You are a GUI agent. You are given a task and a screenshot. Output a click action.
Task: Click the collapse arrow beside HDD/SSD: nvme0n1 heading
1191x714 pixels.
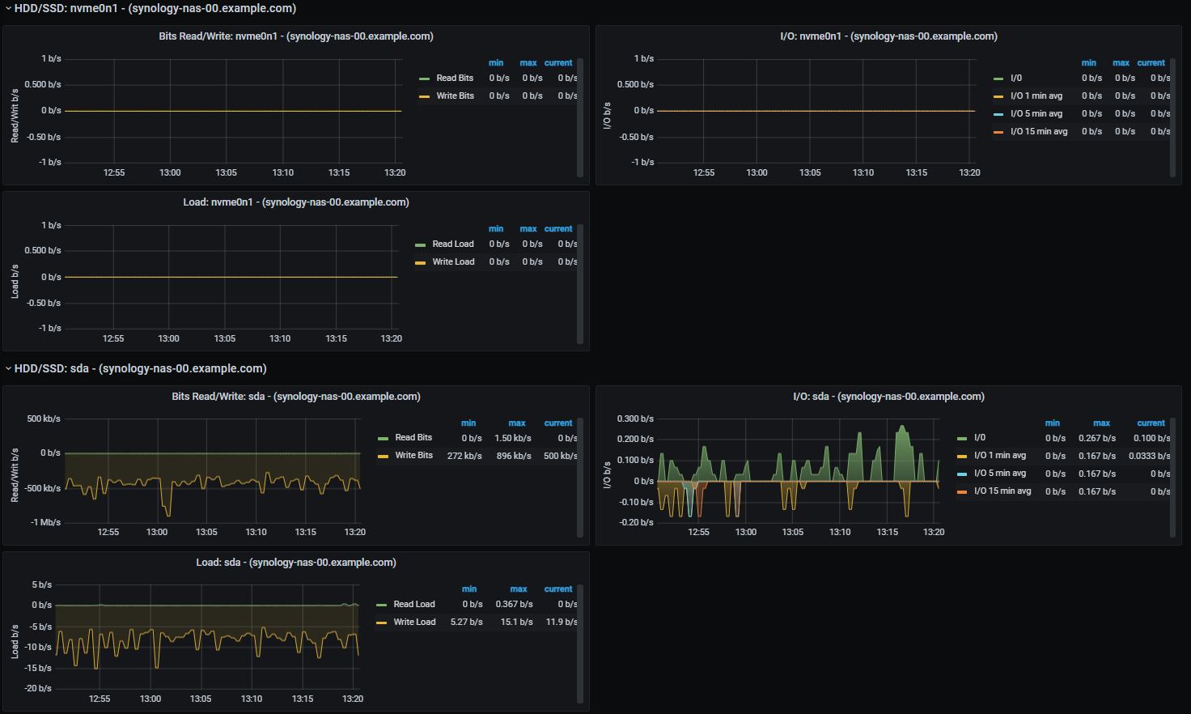pyautogui.click(x=8, y=9)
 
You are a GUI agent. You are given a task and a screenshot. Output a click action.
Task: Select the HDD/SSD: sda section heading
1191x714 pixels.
pyautogui.click(x=140, y=368)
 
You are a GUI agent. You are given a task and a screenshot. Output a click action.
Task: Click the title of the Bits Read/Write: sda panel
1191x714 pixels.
pyautogui.click(x=295, y=397)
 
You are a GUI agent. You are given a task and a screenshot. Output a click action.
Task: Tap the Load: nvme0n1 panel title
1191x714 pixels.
pyautogui.click(x=295, y=202)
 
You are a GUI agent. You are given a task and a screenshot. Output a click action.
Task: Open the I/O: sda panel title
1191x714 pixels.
pyautogui.click(x=888, y=397)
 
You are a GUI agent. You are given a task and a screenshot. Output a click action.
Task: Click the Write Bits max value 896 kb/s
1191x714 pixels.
pyautogui.click(x=514, y=456)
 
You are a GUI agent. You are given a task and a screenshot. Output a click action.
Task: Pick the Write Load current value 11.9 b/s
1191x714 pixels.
pyautogui.click(x=561, y=622)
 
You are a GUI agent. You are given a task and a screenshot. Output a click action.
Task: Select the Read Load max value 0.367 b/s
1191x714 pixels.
pyautogui.click(x=514, y=604)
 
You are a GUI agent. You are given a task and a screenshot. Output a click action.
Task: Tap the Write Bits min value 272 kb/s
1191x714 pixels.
pyautogui.click(x=464, y=456)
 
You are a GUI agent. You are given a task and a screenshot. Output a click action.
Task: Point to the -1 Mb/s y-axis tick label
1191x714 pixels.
pyautogui.click(x=45, y=522)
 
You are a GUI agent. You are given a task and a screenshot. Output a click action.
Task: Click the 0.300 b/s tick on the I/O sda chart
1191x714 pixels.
pyautogui.click(x=635, y=419)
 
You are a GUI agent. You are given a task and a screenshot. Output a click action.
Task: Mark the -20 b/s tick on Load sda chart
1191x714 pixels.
pyautogui.click(x=37, y=688)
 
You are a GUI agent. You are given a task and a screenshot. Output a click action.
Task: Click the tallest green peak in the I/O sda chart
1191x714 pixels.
pyautogui.click(x=902, y=426)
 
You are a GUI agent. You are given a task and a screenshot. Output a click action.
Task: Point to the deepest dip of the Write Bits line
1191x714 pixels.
pyautogui.click(x=168, y=515)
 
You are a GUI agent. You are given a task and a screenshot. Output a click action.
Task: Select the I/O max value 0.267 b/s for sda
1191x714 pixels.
pyautogui.click(x=1097, y=438)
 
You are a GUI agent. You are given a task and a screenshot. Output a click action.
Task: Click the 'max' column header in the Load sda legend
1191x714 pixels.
pyautogui.click(x=519, y=589)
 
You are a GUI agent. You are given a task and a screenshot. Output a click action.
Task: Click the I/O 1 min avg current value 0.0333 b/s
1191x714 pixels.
pyautogui.click(x=1149, y=456)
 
